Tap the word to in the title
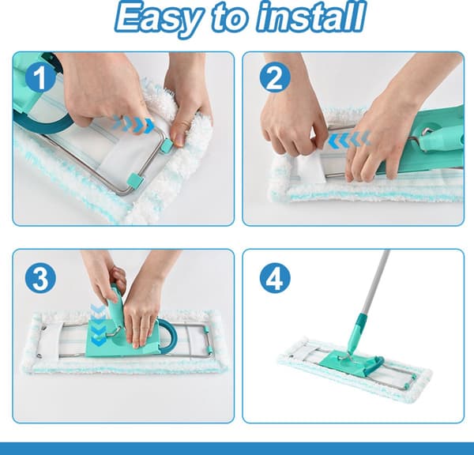231,17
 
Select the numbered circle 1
39,78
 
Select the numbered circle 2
275,77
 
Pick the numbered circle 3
40,279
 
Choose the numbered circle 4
275,278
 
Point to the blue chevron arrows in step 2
349,139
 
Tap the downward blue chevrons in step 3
98,325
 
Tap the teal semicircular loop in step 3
171,333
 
